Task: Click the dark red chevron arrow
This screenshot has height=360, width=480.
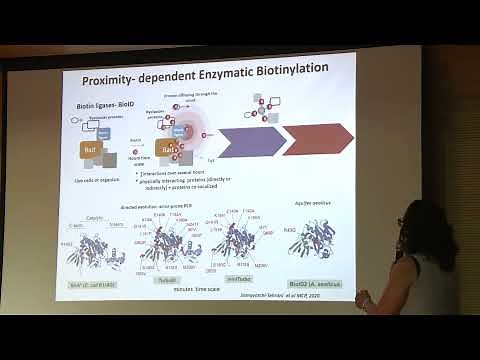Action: [317, 138]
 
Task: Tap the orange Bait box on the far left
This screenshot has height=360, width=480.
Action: [91, 151]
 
